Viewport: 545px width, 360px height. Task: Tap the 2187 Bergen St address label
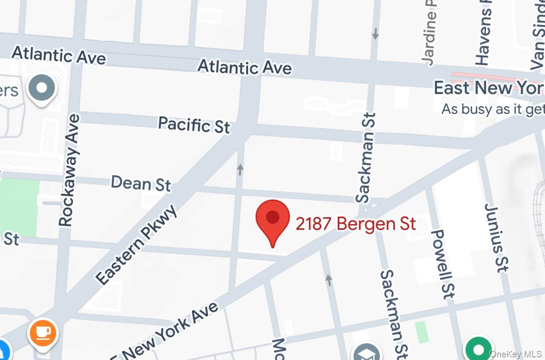(356, 224)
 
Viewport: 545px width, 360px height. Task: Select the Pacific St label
(194, 124)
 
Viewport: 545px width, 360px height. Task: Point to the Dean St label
(141, 183)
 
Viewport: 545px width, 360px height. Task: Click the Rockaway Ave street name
(70, 171)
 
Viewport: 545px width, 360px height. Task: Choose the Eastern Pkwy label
(137, 245)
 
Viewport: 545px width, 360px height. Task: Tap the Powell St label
(443, 264)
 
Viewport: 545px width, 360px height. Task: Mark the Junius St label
(496, 237)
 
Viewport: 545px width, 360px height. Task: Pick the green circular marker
(478, 349)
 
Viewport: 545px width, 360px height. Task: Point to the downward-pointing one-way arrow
(375, 34)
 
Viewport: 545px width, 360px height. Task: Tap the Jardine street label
(429, 33)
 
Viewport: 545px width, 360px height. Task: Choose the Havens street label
(483, 33)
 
